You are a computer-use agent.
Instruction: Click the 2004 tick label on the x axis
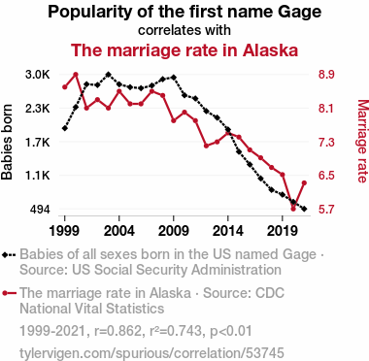(119, 231)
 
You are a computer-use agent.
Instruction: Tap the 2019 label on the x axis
(283, 231)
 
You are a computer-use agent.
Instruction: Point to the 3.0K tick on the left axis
(38, 75)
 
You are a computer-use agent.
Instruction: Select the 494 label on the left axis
(40, 210)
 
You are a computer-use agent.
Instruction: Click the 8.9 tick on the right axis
(326, 75)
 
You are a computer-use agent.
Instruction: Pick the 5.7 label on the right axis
(326, 210)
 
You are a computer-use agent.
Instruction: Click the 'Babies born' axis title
(7, 142)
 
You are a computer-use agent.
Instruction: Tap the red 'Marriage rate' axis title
(362, 142)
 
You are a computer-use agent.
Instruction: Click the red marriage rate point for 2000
(76, 75)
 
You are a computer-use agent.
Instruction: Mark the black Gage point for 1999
(65, 128)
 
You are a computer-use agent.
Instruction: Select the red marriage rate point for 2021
(304, 183)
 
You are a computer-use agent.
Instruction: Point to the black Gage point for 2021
(304, 210)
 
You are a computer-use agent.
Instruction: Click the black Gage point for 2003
(109, 75)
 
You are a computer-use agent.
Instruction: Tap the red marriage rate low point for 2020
(293, 209)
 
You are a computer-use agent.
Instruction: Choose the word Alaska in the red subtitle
(270, 50)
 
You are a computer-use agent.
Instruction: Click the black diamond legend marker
(5, 255)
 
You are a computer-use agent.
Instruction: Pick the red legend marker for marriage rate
(5, 293)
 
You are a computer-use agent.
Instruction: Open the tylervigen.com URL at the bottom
(151, 353)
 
